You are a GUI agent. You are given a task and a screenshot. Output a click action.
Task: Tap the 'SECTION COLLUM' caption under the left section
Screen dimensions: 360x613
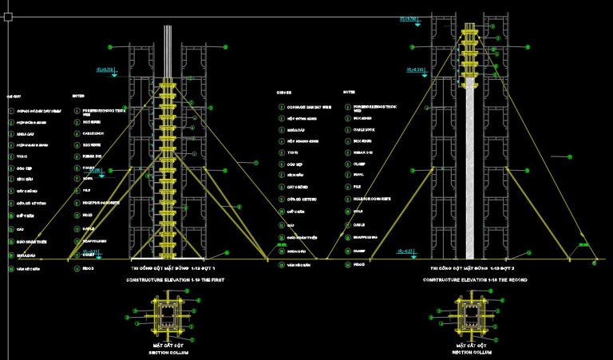pos(169,353)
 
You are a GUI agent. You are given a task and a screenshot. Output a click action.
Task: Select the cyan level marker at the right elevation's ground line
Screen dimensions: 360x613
pos(406,253)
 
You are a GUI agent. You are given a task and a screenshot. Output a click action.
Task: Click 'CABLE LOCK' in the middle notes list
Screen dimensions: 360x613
pos(362,129)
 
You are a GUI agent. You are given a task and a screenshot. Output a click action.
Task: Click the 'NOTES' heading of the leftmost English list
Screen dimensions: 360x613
pos(77,93)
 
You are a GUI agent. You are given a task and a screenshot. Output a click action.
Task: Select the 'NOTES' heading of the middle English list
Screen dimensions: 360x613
pos(349,93)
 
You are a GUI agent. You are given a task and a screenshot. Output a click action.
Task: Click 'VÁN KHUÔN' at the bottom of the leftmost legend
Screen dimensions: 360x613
pos(29,269)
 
